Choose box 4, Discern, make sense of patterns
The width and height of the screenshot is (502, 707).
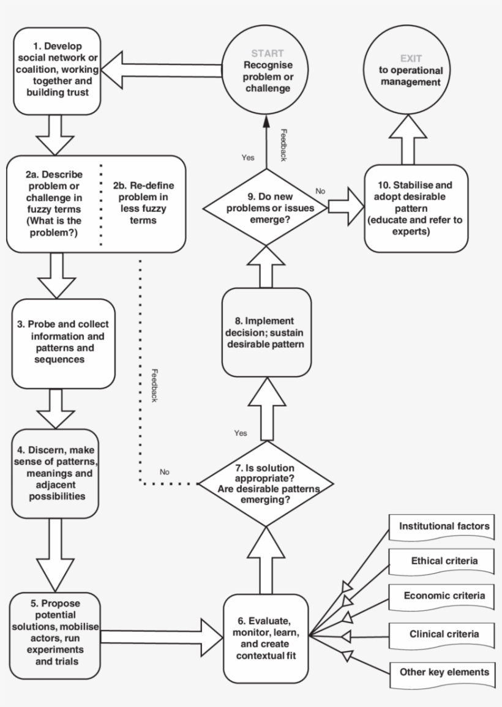[55, 473]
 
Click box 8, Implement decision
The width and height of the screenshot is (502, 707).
[266, 332]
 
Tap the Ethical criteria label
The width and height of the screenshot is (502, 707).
[443, 561]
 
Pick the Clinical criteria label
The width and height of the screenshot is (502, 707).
[443, 634]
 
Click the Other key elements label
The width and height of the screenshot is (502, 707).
[443, 672]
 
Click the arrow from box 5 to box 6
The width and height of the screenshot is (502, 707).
[159, 637]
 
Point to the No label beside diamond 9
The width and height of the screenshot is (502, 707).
[320, 191]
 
